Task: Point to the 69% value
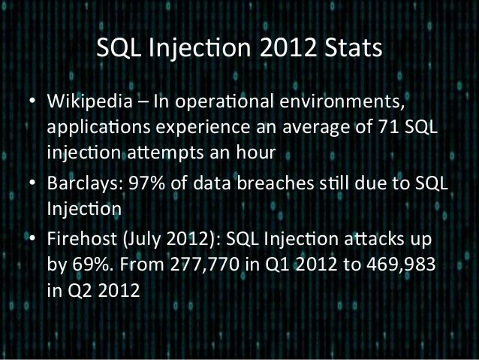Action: click(89, 265)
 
